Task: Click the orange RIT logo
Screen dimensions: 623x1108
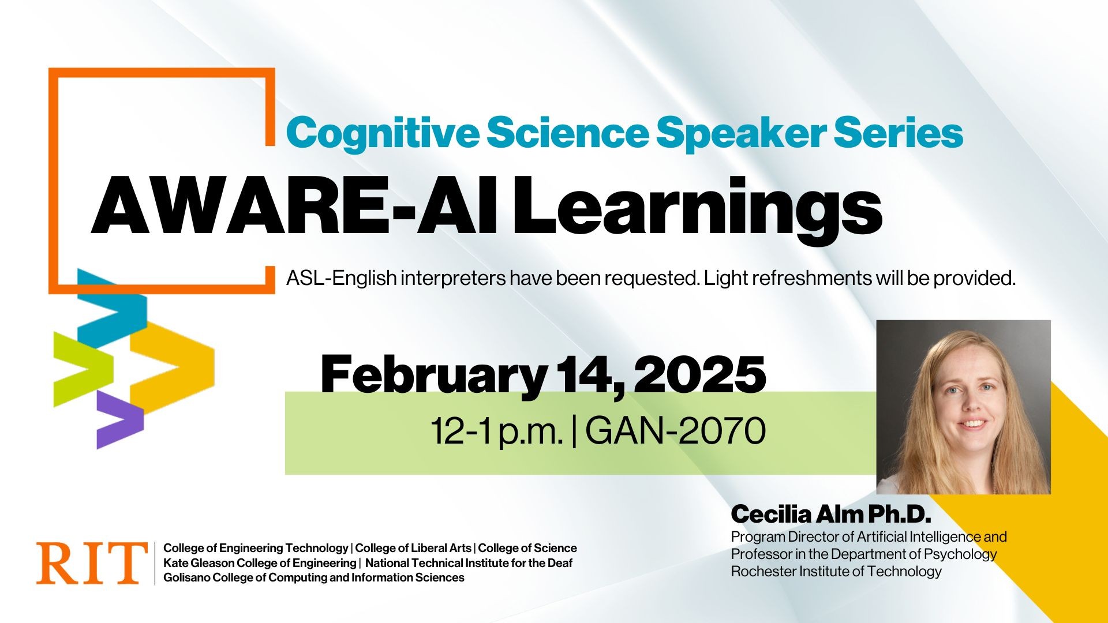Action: (91, 562)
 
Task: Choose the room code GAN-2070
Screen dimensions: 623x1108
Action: (675, 431)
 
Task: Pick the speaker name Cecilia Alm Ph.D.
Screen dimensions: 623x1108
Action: (831, 513)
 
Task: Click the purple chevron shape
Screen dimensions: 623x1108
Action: (118, 418)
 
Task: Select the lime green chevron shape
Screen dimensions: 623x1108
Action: (81, 369)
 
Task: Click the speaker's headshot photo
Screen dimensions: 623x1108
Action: (963, 407)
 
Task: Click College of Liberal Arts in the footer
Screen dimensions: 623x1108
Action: (413, 548)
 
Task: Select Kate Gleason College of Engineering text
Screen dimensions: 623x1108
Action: (260, 563)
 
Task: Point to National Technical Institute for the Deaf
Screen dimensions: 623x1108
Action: (469, 563)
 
